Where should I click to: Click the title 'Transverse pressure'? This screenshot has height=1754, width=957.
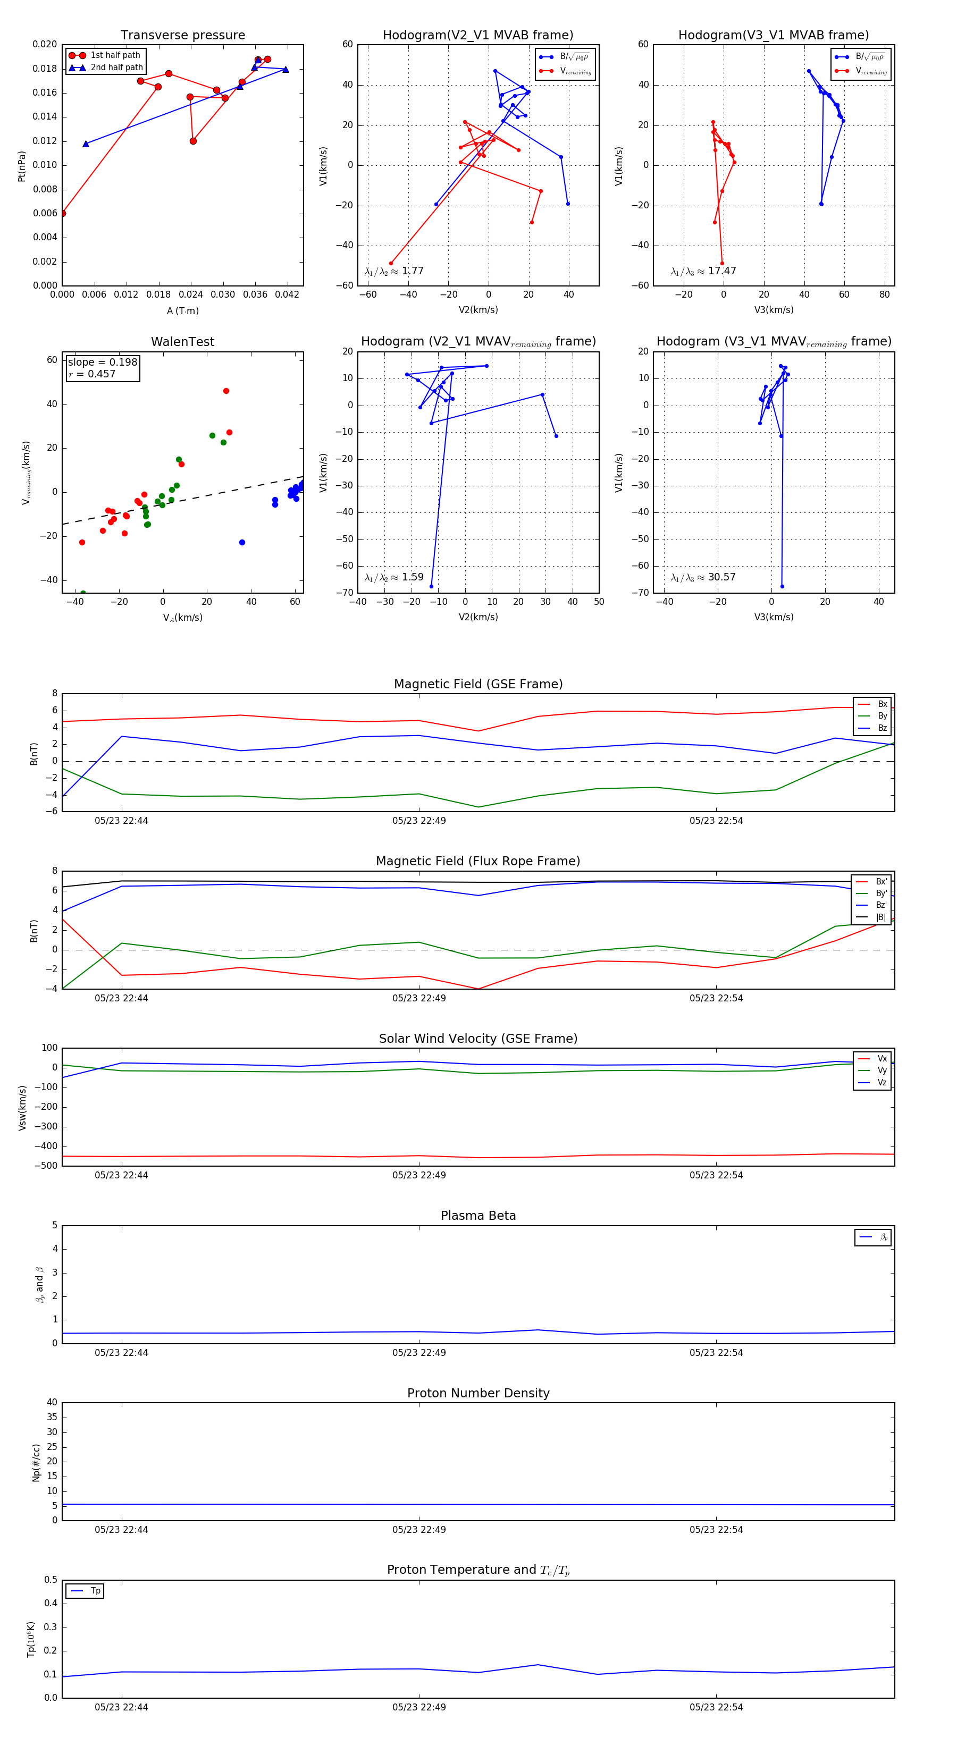pos(182,36)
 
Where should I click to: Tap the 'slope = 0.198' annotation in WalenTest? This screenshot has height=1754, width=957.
pos(102,362)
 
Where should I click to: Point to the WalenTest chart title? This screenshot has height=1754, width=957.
pos(182,342)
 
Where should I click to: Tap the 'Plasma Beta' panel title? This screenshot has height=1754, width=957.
pos(478,1216)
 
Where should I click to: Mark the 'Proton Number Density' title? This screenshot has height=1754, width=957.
pos(478,1393)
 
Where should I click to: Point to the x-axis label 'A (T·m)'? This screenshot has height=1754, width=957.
pos(182,310)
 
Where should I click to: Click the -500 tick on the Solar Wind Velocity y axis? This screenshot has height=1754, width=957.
pos(45,1166)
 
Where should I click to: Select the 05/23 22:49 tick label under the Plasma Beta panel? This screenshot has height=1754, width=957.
pos(419,1352)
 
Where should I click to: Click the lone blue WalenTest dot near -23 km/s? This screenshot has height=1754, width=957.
pos(242,543)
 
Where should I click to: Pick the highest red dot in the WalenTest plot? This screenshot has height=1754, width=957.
pos(226,391)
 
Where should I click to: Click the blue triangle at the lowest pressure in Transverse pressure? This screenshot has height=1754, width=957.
pos(86,144)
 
